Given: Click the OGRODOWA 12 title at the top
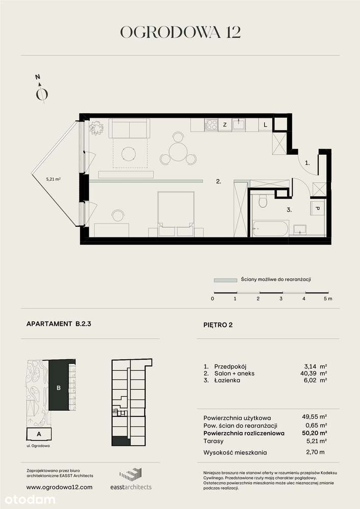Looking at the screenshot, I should pyautogui.click(x=180, y=32).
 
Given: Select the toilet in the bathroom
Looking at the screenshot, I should pyautogui.click(x=263, y=202).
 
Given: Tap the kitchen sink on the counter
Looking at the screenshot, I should pyautogui.click(x=238, y=124).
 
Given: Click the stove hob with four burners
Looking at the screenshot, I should pyautogui.click(x=211, y=124).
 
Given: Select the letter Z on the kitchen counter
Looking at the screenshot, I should pyautogui.click(x=224, y=124).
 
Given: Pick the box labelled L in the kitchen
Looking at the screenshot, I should pyautogui.click(x=265, y=124).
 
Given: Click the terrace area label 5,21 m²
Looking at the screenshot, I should pyautogui.click(x=54, y=179).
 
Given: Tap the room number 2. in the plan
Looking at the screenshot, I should pyautogui.click(x=218, y=181).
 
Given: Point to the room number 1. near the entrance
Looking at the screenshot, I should pyautogui.click(x=307, y=163).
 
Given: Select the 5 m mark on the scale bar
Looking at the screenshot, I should pyautogui.click(x=327, y=299).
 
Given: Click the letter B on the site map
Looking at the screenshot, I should pyautogui.click(x=59, y=388).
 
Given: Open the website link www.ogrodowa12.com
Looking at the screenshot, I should pyautogui.click(x=59, y=487).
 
